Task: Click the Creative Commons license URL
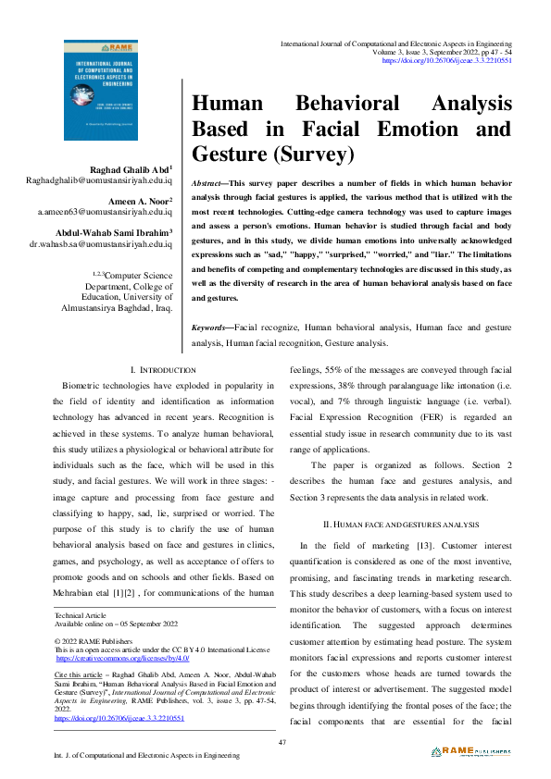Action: (x=122, y=658)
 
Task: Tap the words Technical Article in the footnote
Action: (x=81, y=614)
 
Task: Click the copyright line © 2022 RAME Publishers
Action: (x=93, y=640)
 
